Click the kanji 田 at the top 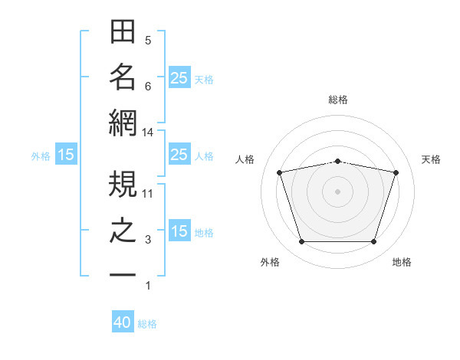123,31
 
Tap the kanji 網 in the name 123,123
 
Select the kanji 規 123,184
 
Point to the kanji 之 123,231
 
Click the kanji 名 123,77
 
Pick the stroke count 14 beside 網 147,133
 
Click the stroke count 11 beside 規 147,194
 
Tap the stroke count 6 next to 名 148,87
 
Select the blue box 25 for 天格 179,77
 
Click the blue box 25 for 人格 179,154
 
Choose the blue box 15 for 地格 179,230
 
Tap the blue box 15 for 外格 66,154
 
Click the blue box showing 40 123,321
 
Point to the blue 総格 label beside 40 147,324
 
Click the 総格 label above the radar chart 338,100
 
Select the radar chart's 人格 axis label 245,159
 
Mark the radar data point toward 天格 396,172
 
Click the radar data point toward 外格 301,241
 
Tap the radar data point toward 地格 373,241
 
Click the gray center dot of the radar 337,191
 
